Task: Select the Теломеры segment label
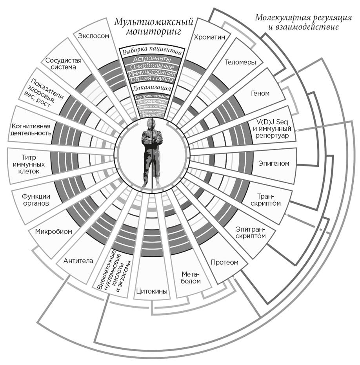tap(240, 62)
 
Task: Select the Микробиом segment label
tap(54, 231)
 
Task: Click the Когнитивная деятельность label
tap(31, 130)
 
